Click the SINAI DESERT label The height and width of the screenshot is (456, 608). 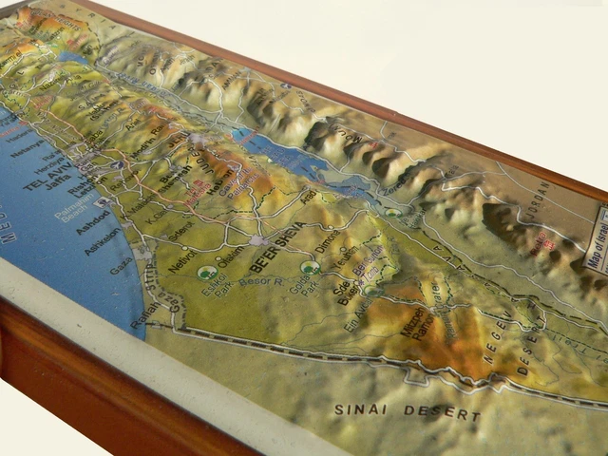click(x=407, y=412)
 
